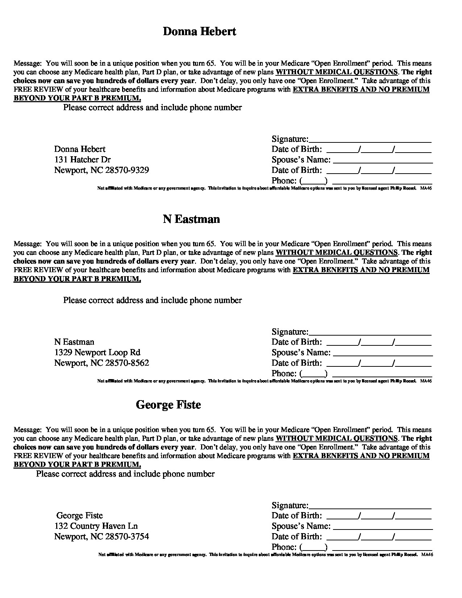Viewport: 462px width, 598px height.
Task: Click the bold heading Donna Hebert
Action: [199, 32]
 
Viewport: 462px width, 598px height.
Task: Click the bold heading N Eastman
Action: [191, 219]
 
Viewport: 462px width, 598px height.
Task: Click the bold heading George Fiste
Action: [168, 405]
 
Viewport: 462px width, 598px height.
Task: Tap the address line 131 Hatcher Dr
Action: [83, 159]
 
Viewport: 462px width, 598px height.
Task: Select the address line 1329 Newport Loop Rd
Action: [97, 352]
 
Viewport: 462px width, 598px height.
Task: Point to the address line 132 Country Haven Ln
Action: [96, 526]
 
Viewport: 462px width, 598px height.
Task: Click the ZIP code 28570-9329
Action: [127, 170]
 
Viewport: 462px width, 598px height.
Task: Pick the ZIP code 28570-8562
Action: [127, 363]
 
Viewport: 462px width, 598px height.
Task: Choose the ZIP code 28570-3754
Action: [127, 537]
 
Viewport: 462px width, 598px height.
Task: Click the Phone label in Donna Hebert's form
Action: [284, 181]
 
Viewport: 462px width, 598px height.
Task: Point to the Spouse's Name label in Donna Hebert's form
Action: [301, 160]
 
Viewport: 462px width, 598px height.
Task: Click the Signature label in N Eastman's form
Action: [290, 332]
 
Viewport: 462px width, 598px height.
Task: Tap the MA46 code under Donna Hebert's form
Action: [426, 188]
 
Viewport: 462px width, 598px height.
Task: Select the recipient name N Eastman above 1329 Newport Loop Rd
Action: [74, 342]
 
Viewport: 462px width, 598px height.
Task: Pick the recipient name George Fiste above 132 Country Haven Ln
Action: [80, 515]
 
